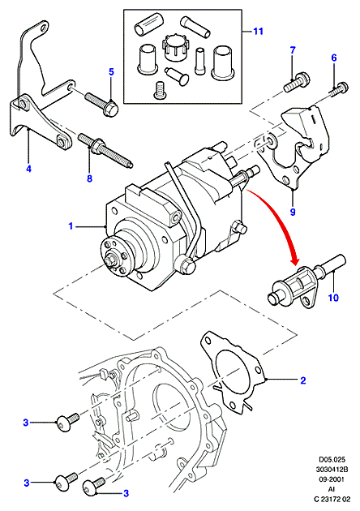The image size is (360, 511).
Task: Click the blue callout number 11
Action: pyautogui.click(x=258, y=32)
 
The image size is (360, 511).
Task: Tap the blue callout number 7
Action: pyautogui.click(x=293, y=50)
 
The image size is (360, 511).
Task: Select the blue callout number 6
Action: pyautogui.click(x=334, y=58)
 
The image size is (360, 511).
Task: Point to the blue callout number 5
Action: pyautogui.click(x=111, y=71)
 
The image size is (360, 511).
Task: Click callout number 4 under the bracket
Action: pyautogui.click(x=28, y=169)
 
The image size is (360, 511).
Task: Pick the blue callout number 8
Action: pyautogui.click(x=89, y=178)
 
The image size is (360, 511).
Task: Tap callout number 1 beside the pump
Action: pyautogui.click(x=71, y=225)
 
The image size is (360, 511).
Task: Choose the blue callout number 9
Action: pyautogui.click(x=293, y=212)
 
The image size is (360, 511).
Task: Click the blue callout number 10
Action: pyautogui.click(x=333, y=298)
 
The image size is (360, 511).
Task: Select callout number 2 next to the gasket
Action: pyautogui.click(x=303, y=380)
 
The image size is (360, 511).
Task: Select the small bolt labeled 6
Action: pyautogui.click(x=339, y=89)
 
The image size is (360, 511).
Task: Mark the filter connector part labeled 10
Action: pyautogui.click(x=306, y=281)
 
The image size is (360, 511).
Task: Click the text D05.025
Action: pyautogui.click(x=331, y=460)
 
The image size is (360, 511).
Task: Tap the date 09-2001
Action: pyautogui.click(x=331, y=479)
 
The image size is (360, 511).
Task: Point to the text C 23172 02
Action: pyautogui.click(x=332, y=499)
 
